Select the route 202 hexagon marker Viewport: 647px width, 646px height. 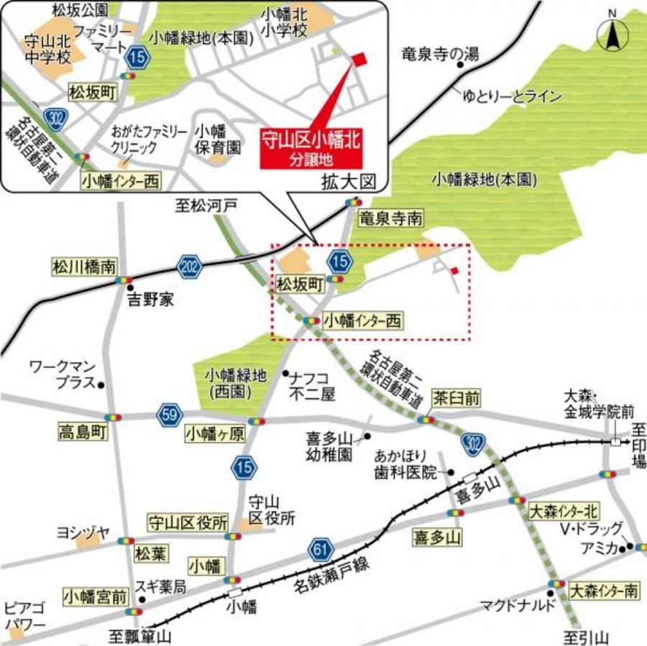point(188,267)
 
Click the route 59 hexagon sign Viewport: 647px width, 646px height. point(170,415)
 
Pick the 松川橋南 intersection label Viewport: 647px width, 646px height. point(83,267)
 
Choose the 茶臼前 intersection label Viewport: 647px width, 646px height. point(456,397)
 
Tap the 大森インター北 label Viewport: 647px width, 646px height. point(563,512)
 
